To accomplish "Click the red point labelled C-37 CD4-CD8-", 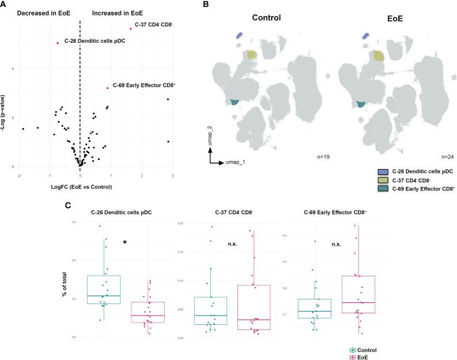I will click(131, 29).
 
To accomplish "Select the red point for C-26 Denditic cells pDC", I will click(58, 43).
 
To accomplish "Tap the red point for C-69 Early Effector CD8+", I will click(108, 88).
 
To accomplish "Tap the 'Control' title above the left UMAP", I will click(266, 17).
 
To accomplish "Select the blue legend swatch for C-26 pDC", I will click(382, 172).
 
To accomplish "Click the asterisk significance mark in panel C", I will click(124, 243).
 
